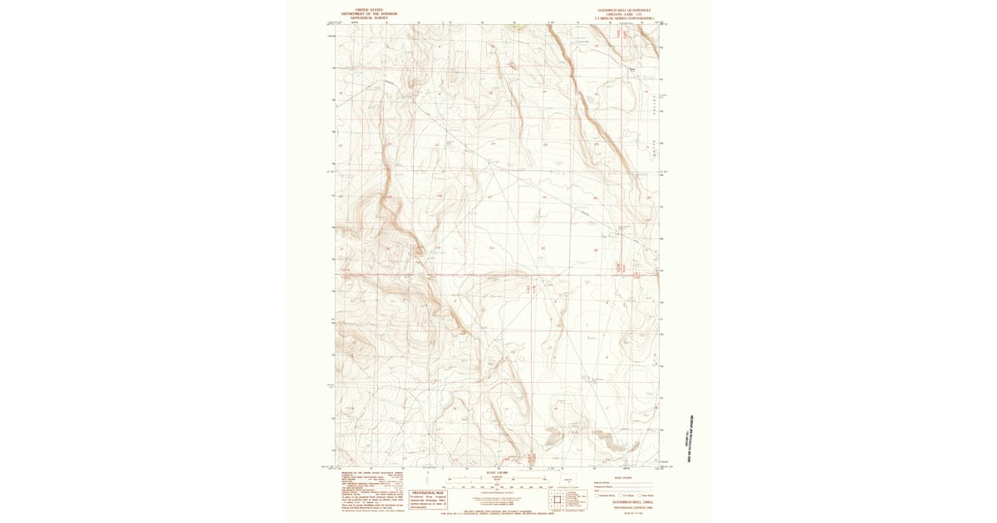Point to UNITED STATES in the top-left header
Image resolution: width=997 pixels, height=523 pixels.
click(369, 9)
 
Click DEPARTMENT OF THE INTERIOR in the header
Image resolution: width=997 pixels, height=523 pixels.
click(369, 13)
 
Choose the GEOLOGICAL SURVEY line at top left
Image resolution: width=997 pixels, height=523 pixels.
click(369, 17)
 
